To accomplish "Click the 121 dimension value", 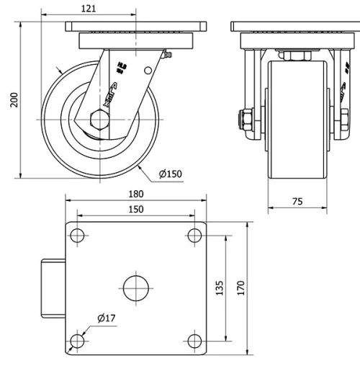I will click(89, 9).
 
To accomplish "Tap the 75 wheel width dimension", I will click(297, 202).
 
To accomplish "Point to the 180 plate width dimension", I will click(135, 194).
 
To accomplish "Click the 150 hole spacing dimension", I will click(135, 209).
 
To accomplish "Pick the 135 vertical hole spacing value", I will click(220, 287).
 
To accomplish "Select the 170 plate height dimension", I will click(241, 287).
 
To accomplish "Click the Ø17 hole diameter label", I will click(106, 318).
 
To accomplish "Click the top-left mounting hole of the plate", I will click(78, 236).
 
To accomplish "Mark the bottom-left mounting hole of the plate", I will click(78, 341).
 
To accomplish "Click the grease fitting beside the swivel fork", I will click(168, 54).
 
